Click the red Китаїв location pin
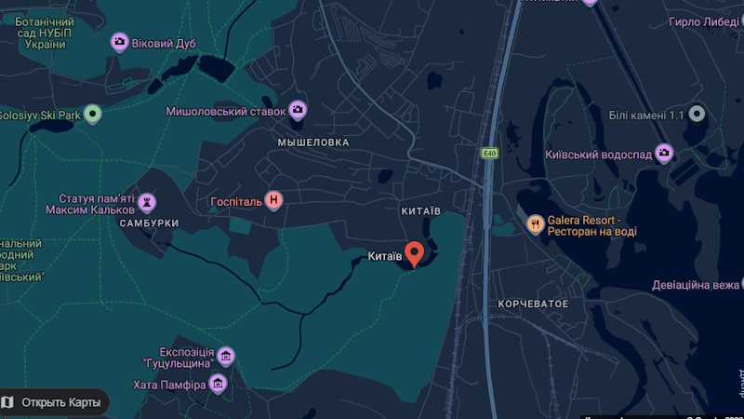pyautogui.click(x=415, y=251)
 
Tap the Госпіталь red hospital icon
pyautogui.click(x=273, y=199)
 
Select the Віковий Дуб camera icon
pyautogui.click(x=119, y=42)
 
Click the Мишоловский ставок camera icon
pyautogui.click(x=298, y=111)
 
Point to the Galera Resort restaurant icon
pyautogui.click(x=535, y=223)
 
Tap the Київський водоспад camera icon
pyautogui.click(x=664, y=152)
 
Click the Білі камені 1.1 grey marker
pyautogui.click(x=697, y=114)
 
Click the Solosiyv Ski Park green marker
pyautogui.click(x=91, y=115)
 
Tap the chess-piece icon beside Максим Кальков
pyautogui.click(x=147, y=201)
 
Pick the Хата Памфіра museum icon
pyautogui.click(x=219, y=383)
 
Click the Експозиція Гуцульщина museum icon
pyautogui.click(x=225, y=356)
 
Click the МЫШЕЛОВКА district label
pyautogui.click(x=313, y=142)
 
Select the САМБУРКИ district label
pyautogui.click(x=149, y=224)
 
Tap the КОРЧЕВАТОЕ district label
pyautogui.click(x=533, y=304)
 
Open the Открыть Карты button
pyautogui.click(x=53, y=402)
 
